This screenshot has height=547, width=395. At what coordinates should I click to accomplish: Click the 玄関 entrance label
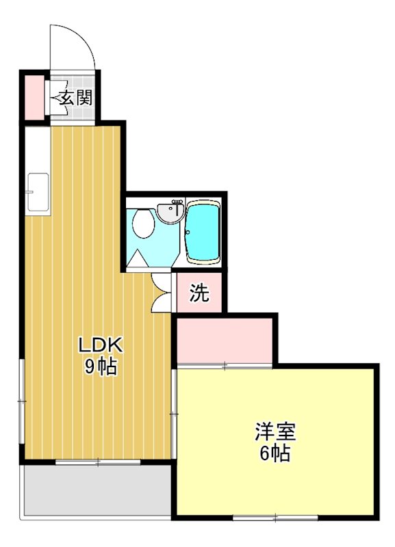(x=74, y=97)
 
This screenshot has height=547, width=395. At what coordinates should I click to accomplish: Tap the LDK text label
(x=100, y=343)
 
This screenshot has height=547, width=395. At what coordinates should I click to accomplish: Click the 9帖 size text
(x=100, y=366)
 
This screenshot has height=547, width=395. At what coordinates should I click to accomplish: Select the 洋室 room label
(x=275, y=431)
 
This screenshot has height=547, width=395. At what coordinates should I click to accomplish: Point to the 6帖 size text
(x=275, y=453)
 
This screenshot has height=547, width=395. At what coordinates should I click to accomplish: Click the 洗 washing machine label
(x=199, y=293)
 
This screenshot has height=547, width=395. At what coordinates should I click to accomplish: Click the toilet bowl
(x=143, y=223)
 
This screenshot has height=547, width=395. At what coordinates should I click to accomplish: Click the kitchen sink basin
(x=38, y=193)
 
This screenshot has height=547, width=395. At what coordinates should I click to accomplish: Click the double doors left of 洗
(x=162, y=292)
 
